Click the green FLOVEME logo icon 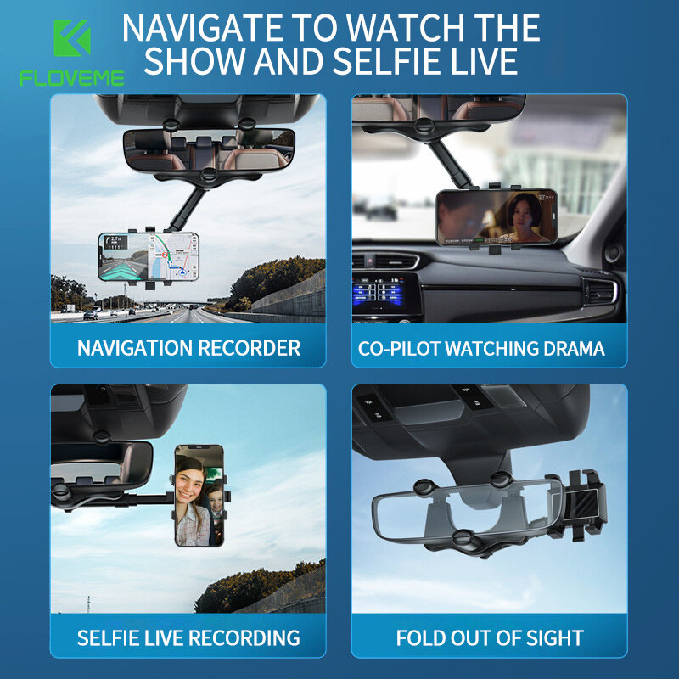pos(72,37)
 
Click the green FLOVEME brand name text pos(72,78)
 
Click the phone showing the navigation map pos(149,257)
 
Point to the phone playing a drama pos(497,216)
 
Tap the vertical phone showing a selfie pos(199,496)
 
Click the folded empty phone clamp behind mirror pos(579,504)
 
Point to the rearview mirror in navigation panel pos(209,150)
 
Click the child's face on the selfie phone pos(216,499)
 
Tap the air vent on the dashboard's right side pos(600,292)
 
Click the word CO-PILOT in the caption pos(399,349)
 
